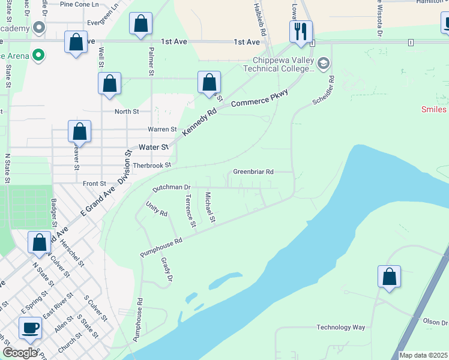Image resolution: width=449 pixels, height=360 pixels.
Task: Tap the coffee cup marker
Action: pos(31,328)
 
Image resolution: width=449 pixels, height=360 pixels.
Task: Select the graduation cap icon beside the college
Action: pos(324,63)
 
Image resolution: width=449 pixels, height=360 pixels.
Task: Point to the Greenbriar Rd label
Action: pos(253,172)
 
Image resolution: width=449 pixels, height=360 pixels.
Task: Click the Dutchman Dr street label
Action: pos(171,188)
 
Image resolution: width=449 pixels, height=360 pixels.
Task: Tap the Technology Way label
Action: pos(341,327)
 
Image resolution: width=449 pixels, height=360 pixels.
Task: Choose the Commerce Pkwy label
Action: pos(260,98)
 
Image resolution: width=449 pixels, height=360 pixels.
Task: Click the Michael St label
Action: pos(209,207)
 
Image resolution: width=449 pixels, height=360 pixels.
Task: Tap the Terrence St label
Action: pos(190,211)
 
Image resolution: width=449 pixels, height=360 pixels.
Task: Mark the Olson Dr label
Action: pos(435,322)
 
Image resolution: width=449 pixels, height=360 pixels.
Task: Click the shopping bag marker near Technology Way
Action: pos(389,277)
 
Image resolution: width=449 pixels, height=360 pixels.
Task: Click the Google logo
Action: pos(20,353)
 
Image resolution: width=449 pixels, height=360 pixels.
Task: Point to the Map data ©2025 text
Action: pos(423,355)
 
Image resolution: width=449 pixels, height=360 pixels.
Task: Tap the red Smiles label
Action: pos(434,109)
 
